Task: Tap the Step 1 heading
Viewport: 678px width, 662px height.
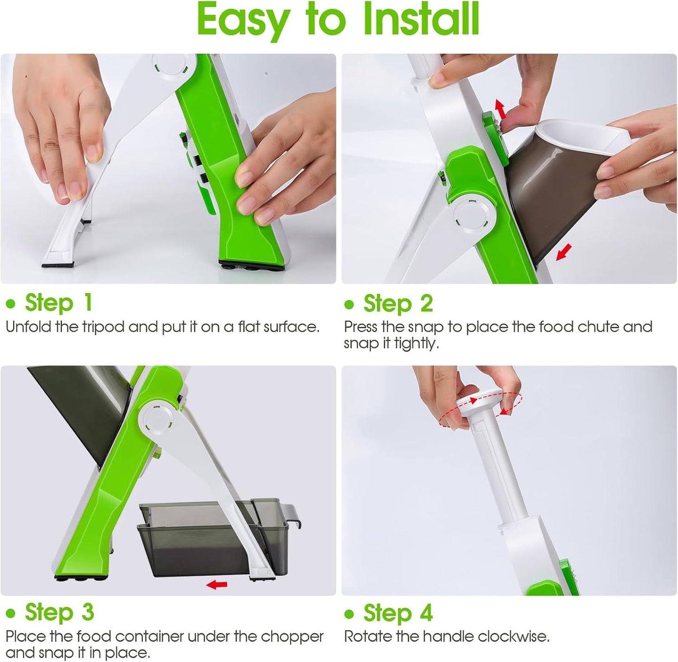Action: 59,303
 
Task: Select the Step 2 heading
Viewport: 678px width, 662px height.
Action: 398,303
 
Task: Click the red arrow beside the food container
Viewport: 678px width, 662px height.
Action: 217,584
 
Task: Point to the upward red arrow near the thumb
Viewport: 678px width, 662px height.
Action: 501,109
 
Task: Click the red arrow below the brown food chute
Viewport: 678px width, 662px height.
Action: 564,252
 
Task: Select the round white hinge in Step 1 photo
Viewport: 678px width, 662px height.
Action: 171,65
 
